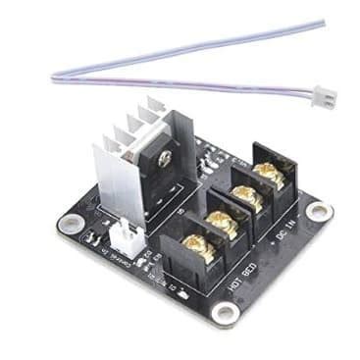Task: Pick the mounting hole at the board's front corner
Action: pos(225,312)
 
